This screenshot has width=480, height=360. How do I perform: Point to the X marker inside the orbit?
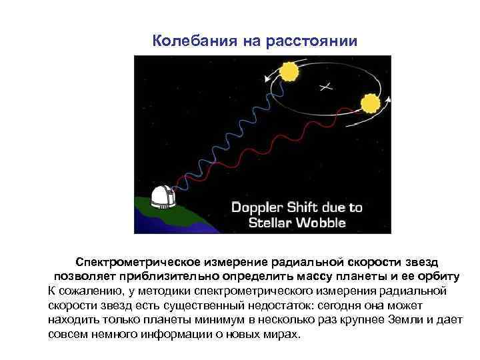(x=325, y=86)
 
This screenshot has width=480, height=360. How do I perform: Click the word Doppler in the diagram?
(x=258, y=207)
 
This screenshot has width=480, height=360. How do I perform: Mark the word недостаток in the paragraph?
(x=265, y=305)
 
